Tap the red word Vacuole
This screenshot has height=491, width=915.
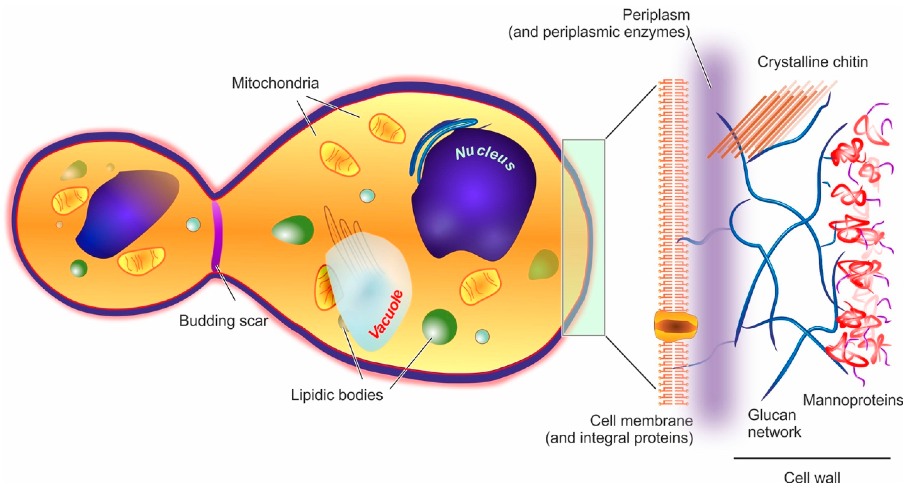click(387, 314)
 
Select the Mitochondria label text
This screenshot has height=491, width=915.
click(275, 83)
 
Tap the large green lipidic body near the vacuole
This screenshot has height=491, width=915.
click(439, 327)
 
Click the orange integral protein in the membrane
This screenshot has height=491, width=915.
click(676, 326)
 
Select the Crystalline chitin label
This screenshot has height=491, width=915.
click(813, 62)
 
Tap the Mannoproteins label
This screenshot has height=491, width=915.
click(853, 400)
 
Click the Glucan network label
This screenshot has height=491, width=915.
click(774, 423)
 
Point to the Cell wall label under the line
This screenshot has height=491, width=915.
click(812, 478)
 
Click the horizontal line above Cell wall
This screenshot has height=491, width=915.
click(812, 458)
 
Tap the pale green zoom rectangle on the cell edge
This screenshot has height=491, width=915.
click(583, 237)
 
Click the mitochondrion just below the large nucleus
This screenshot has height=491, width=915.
click(480, 287)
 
